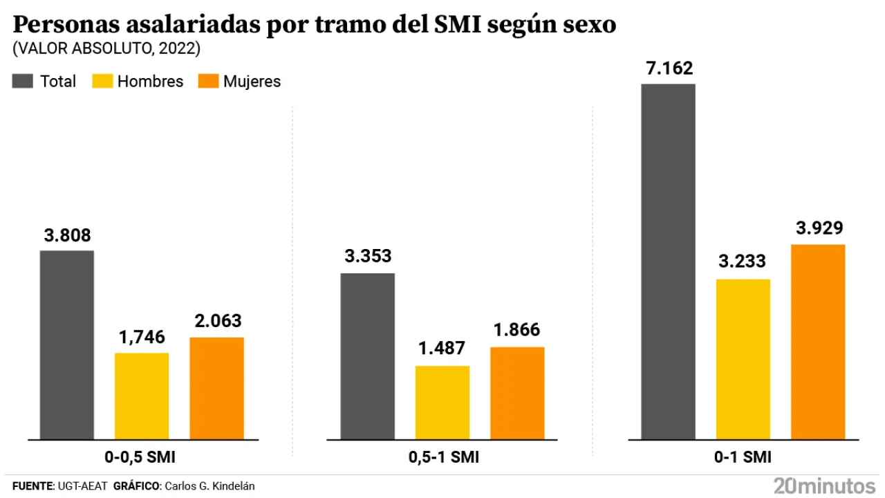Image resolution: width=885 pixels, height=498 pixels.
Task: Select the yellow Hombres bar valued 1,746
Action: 142,396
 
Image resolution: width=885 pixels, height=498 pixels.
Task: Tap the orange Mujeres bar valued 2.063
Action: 216,388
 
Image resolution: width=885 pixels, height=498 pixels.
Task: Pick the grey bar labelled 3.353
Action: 368,356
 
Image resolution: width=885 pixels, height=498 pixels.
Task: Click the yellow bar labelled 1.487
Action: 442,403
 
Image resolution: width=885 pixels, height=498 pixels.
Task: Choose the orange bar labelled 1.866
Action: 517,393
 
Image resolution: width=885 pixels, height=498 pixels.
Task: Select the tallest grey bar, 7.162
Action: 668,261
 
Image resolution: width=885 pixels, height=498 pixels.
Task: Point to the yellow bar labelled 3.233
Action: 743,359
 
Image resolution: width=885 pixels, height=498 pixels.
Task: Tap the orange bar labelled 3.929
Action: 818,342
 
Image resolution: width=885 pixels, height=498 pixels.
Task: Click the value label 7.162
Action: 669,68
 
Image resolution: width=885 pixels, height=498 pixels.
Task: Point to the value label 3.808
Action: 68,235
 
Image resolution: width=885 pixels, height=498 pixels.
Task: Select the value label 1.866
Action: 517,330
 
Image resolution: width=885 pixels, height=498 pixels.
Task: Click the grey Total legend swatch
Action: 23,82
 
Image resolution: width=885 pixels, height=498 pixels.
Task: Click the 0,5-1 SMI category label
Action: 442,458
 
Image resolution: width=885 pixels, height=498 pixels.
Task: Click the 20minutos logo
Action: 824,485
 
